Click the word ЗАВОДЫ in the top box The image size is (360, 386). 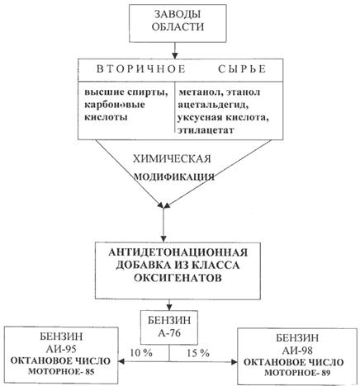coord(178,15)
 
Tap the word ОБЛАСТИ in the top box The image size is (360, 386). coord(178,27)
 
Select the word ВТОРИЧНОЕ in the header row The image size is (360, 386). coord(141,69)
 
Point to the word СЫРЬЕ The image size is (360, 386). coord(242,69)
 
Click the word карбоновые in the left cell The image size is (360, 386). coord(115,105)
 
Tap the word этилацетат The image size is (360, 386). coord(206,129)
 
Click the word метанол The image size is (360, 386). coord(201,92)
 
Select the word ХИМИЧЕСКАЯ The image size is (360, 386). coord(172,159)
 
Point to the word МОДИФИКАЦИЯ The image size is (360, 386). coord(174,177)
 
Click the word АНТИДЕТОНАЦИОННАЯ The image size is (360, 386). coord(178,252)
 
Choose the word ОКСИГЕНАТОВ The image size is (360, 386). coord(178,278)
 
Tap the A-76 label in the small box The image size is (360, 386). coord(169,333)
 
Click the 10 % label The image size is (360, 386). coord(141,353)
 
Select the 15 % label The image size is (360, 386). coord(198,353)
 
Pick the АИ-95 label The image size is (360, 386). coord(61,349)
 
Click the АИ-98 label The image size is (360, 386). coord(297,351)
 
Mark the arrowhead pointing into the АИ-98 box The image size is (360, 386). coord(234,362)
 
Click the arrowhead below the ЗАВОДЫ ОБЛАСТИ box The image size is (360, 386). coord(175,55)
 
